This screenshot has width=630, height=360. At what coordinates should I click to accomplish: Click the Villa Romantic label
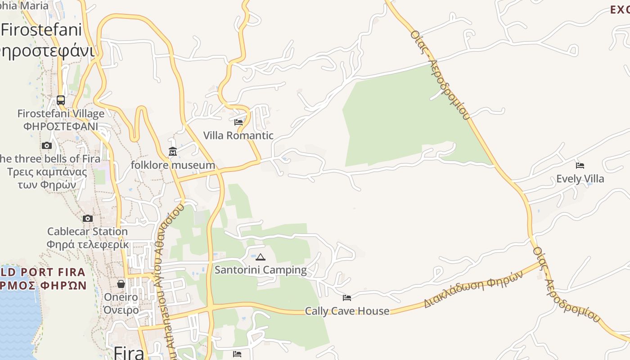pos(238,135)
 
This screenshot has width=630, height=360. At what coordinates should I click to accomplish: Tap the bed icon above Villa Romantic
pos(238,122)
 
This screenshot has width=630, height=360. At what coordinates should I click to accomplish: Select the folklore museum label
pos(173,165)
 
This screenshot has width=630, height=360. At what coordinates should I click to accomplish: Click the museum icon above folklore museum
pos(173,152)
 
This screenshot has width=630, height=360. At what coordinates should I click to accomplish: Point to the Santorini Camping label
pos(261,270)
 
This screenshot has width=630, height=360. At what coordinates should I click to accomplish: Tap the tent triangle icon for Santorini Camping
pos(260,257)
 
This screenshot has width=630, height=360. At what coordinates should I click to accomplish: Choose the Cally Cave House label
pos(347,311)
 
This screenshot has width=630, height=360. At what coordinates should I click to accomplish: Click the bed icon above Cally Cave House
pos(346,298)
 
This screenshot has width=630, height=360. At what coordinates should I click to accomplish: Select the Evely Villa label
pos(580,179)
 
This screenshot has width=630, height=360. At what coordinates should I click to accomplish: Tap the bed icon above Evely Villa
pos(580,166)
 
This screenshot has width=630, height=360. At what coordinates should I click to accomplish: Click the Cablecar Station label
pos(87,231)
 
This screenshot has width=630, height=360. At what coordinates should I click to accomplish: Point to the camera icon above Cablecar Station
pos(88,219)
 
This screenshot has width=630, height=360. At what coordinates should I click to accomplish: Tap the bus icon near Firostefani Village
pos(61,100)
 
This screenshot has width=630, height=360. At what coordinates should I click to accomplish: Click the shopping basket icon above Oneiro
pos(121,284)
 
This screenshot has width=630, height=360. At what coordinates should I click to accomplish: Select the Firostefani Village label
pos(61,113)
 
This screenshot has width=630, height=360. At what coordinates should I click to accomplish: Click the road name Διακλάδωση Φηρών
pos(473,289)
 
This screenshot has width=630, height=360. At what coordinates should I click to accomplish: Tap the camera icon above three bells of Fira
pos(47,146)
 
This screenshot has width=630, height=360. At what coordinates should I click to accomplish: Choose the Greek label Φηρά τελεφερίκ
pos(87,244)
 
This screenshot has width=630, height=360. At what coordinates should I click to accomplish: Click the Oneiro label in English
pos(121,297)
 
